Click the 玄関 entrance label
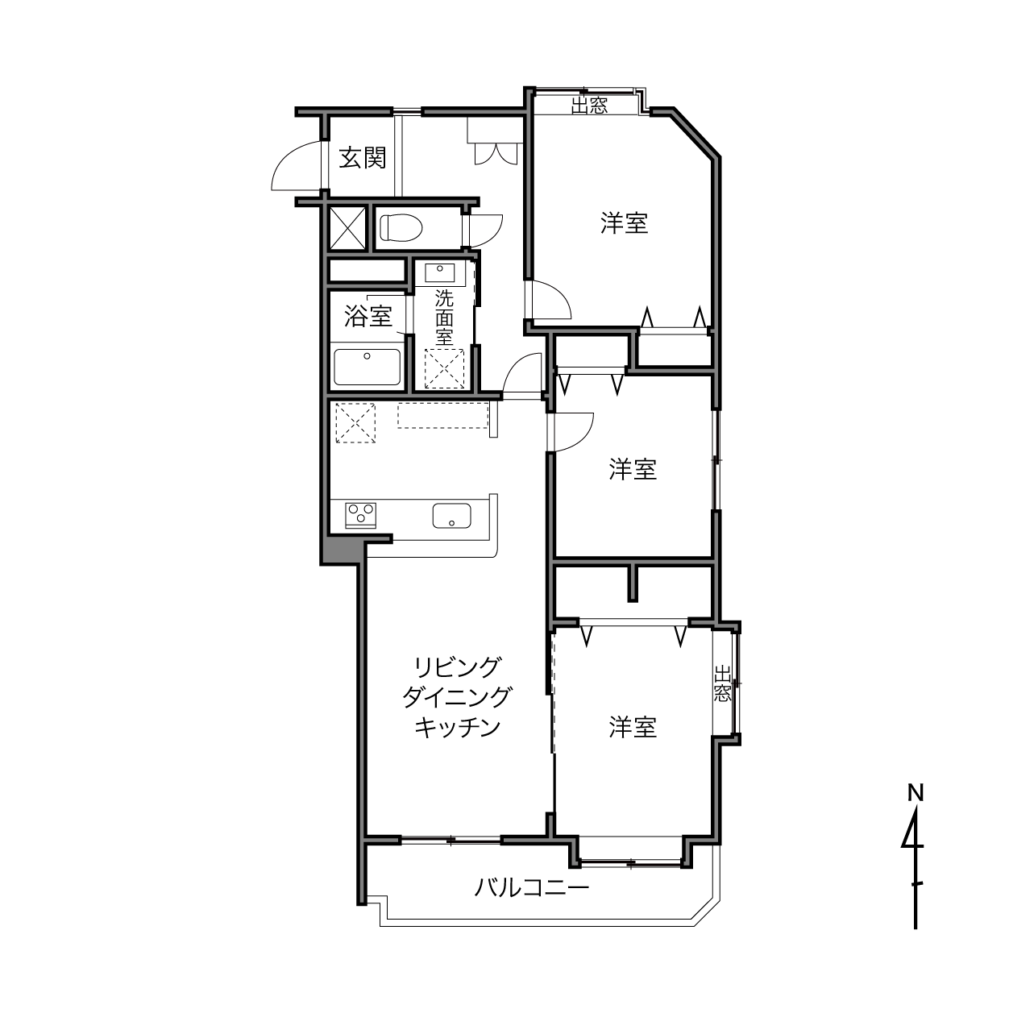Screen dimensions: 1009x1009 (363, 157)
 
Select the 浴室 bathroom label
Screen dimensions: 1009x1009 (368, 316)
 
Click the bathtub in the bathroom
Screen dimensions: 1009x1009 (367, 367)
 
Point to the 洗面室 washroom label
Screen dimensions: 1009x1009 (444, 318)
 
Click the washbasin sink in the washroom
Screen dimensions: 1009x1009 (440, 273)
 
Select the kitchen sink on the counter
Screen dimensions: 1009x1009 (451, 515)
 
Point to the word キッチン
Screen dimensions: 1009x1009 (458, 727)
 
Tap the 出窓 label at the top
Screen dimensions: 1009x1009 (589, 106)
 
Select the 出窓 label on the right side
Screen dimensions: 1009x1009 (723, 683)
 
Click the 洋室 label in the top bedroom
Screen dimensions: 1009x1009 (624, 222)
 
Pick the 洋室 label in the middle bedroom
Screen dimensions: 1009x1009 (633, 468)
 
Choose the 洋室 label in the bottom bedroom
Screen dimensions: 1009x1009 (633, 727)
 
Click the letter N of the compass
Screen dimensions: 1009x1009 (916, 794)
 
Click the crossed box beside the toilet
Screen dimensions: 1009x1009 (347, 229)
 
